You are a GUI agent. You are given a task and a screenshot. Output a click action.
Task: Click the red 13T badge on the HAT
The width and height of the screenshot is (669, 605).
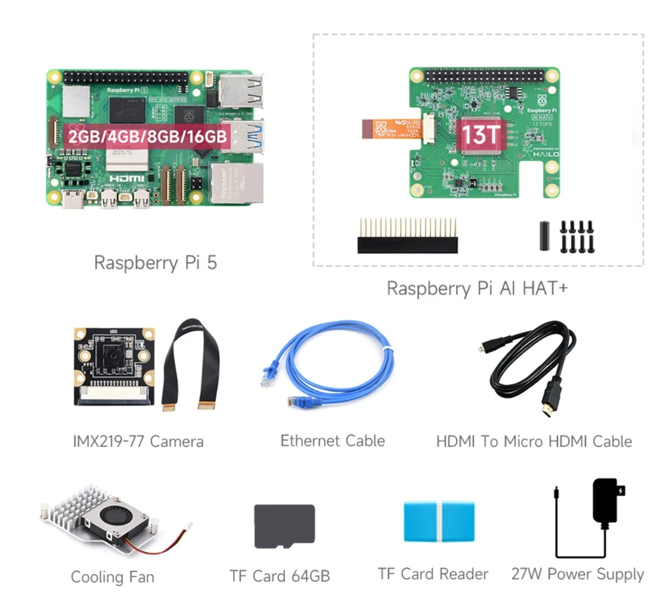pyautogui.click(x=480, y=135)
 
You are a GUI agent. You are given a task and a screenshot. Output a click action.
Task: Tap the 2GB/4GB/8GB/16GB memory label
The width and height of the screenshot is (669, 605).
pyautogui.click(x=147, y=135)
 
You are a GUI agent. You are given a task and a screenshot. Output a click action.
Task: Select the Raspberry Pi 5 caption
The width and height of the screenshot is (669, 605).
pyautogui.click(x=155, y=263)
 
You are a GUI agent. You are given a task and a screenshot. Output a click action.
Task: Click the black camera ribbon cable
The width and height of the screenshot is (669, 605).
pyautogui.click(x=191, y=365)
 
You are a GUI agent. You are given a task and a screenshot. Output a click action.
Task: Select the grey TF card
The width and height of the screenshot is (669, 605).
pyautogui.click(x=284, y=525)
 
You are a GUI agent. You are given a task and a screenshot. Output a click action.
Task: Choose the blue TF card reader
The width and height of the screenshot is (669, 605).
pyautogui.click(x=438, y=522)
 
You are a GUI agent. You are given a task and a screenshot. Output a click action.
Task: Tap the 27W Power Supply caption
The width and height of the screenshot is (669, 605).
pyautogui.click(x=577, y=574)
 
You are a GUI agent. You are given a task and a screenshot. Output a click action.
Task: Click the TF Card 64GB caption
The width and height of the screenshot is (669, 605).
pyautogui.click(x=279, y=576)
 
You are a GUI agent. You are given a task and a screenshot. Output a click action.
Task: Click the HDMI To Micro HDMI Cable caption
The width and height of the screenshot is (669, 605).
pyautogui.click(x=534, y=441)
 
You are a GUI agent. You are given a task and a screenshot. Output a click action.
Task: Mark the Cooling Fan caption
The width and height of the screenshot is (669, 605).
pyautogui.click(x=113, y=576)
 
